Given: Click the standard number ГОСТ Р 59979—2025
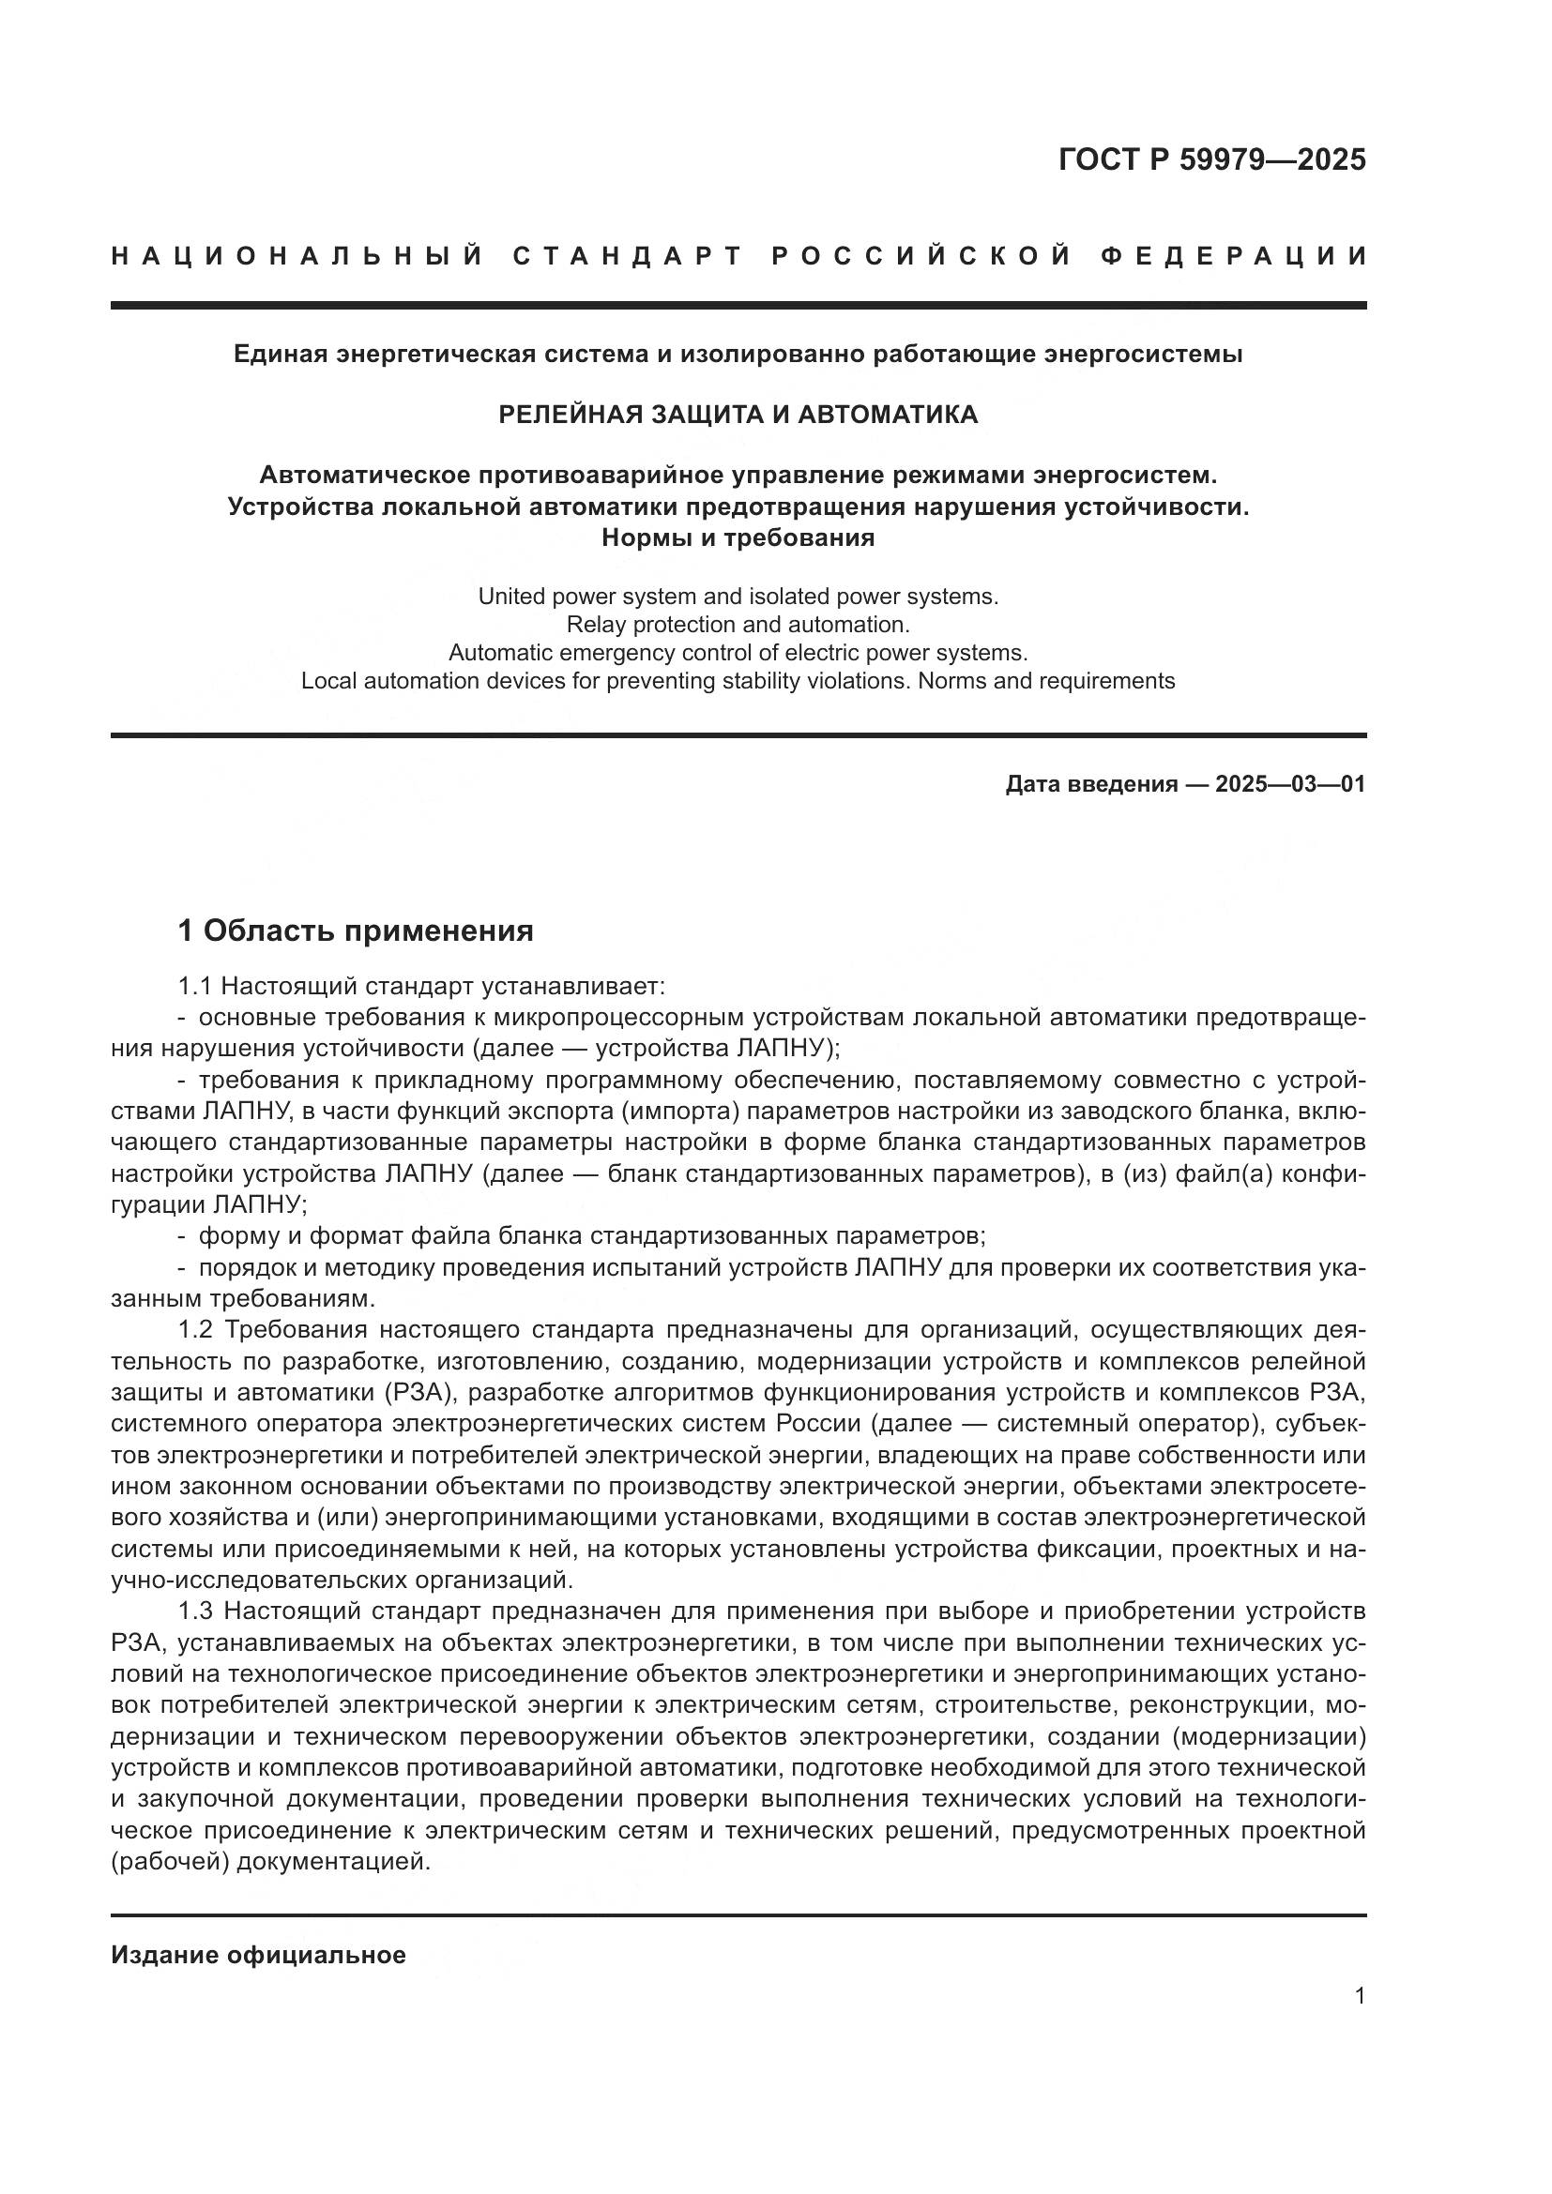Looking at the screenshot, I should tap(1211, 159).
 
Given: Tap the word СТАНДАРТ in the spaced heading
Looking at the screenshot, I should tap(628, 256).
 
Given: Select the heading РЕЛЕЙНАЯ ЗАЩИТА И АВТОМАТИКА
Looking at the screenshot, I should tap(738, 414).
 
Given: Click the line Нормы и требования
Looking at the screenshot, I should tap(738, 537).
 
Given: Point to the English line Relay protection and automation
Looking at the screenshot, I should tap(738, 624).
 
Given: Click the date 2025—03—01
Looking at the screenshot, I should tap(1290, 784).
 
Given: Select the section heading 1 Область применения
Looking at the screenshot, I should tap(356, 930).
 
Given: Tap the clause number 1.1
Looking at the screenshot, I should tap(194, 985).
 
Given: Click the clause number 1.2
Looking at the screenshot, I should tap(194, 1329).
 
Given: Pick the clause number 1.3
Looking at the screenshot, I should tap(194, 1611).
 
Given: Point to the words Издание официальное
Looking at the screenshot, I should tap(258, 1955).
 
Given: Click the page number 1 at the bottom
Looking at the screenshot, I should tap(1360, 1996).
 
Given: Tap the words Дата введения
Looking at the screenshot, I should tap(1091, 784).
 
